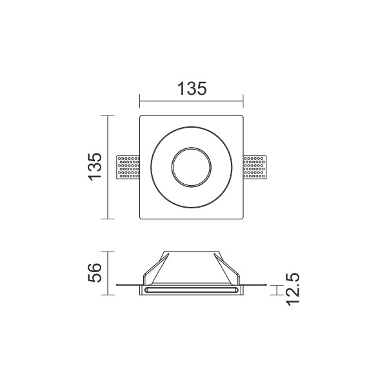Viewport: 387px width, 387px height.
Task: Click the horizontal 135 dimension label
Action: tap(192, 88)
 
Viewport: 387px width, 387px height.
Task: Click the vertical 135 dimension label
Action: tap(95, 167)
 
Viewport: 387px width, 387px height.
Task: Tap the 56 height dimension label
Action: tap(95, 272)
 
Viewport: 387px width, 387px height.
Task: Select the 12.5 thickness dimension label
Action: tap(292, 289)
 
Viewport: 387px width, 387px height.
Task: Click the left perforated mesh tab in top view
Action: tap(128, 167)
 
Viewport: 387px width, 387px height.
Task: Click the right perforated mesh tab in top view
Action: tap(255, 167)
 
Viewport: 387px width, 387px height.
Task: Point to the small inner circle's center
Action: tap(192, 167)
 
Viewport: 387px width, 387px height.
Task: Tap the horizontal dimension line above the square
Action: tap(192, 101)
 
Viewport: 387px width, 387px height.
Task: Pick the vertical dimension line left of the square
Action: tap(108, 167)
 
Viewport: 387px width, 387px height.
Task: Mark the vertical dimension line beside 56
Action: tap(108, 273)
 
